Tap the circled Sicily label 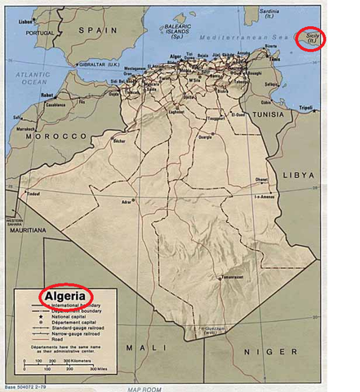(x=310, y=38)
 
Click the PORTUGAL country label (x=39, y=33)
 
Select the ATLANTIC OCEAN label (x=24, y=78)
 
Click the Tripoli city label (x=328, y=107)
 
